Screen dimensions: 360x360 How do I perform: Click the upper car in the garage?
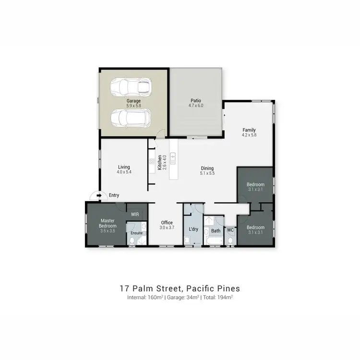click(131, 87)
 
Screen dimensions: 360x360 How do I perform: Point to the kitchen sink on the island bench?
click(173, 157)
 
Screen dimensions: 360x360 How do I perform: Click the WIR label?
click(135, 214)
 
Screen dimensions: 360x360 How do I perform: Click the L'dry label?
click(194, 229)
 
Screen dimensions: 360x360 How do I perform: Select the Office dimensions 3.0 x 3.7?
click(167, 228)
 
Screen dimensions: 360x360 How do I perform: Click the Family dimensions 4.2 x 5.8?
click(249, 135)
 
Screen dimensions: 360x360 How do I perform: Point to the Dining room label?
click(207, 168)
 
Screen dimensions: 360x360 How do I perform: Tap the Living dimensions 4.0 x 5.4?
click(124, 172)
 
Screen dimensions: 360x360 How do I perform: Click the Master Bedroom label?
click(107, 223)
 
